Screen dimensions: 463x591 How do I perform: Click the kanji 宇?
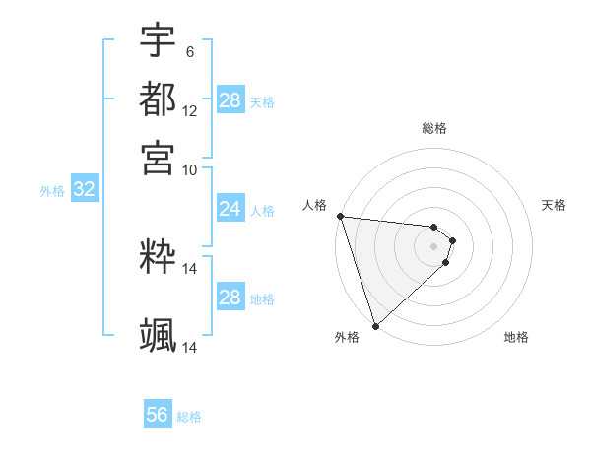tap(158, 40)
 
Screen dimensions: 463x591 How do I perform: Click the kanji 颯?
tap(158, 336)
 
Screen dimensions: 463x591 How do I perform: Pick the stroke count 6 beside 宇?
tap(190, 51)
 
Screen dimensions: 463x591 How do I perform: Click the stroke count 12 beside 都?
tap(190, 110)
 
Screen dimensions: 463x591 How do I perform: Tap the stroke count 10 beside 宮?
tap(190, 168)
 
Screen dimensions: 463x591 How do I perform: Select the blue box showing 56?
tap(158, 415)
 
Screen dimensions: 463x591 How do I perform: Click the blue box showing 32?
tap(84, 190)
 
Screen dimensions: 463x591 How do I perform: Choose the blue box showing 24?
tap(230, 209)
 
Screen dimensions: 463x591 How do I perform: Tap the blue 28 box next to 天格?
tap(230, 100)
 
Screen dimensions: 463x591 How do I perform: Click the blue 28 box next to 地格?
tap(230, 298)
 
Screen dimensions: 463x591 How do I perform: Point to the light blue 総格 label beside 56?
tap(189, 417)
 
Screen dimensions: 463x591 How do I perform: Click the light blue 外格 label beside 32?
tap(52, 191)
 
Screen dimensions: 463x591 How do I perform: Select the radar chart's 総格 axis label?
tap(433, 128)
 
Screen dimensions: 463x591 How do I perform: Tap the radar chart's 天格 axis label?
tap(554, 205)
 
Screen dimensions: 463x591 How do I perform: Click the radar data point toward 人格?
tap(339, 216)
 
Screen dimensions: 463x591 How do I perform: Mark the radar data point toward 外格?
tap(375, 326)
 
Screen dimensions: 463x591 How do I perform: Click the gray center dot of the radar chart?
tap(433, 246)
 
